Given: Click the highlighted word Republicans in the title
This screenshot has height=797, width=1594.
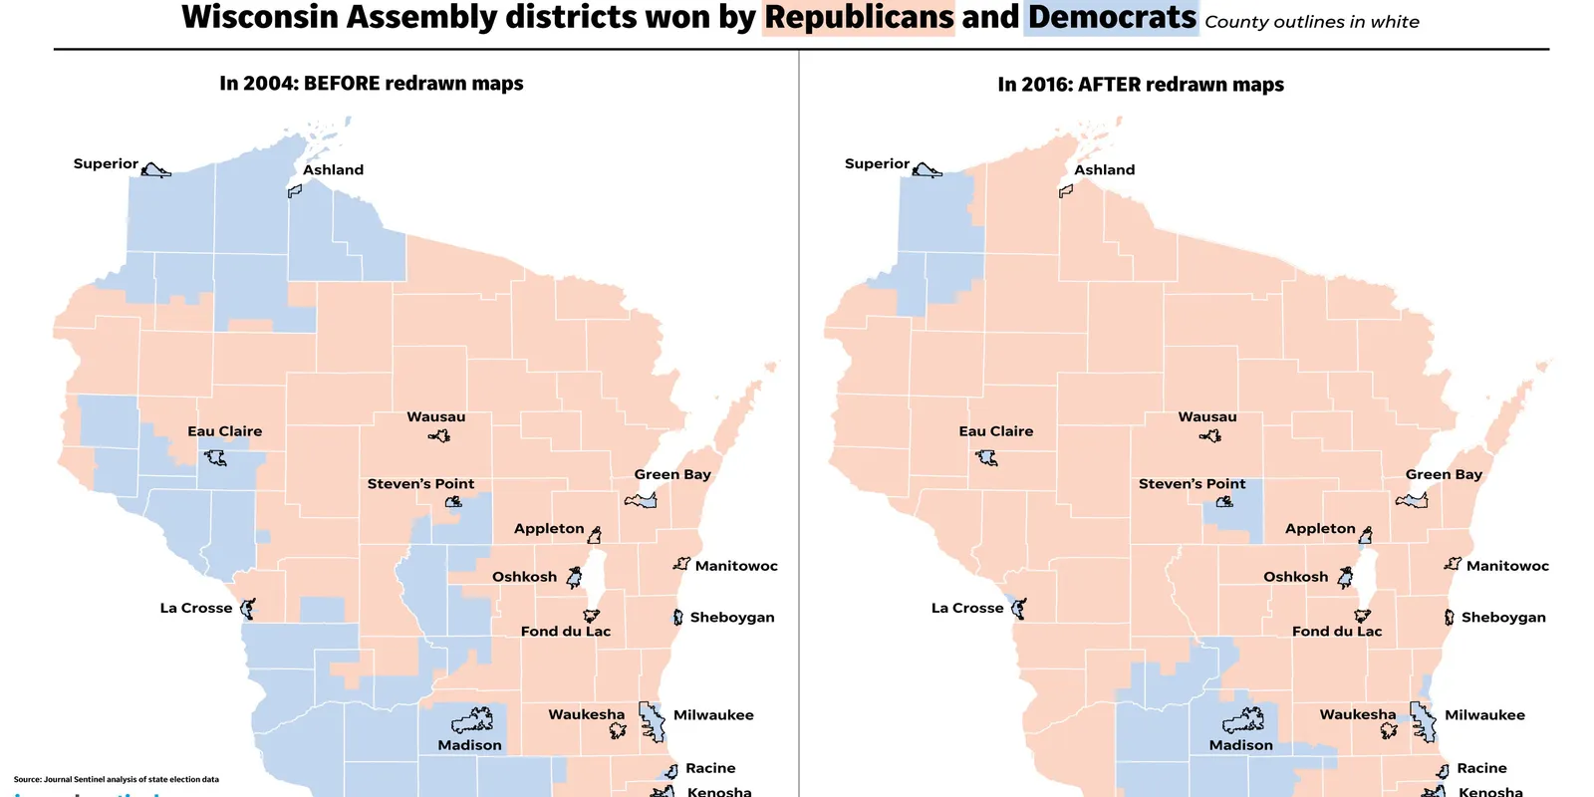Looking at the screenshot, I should [x=859, y=18].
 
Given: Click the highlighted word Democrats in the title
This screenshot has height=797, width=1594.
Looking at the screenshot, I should [x=1112, y=18].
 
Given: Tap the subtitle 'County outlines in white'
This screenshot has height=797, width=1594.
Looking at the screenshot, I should [x=1311, y=22].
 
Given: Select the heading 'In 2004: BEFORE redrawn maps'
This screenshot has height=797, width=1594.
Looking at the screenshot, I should [x=371, y=84].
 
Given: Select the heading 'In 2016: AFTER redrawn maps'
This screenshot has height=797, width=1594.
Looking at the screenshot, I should [x=1141, y=85].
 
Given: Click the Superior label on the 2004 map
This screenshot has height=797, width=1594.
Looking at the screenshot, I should [x=106, y=163].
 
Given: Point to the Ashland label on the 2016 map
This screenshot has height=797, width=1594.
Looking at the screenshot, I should [x=1104, y=170].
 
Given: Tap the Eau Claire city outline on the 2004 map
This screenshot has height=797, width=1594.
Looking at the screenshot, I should [x=215, y=458].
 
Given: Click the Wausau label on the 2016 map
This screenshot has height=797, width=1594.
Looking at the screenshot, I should [x=1206, y=417].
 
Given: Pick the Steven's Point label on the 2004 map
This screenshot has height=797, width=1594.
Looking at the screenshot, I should [x=420, y=484].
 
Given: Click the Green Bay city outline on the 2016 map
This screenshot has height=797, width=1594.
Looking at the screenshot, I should [x=1413, y=500].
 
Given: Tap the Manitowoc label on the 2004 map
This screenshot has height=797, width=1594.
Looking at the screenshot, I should [x=736, y=566].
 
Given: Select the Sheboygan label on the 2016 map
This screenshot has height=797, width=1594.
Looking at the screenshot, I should [x=1503, y=618].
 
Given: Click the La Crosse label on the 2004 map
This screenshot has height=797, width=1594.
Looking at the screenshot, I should [x=196, y=608].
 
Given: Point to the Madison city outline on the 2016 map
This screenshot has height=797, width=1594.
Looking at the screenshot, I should [x=1243, y=720].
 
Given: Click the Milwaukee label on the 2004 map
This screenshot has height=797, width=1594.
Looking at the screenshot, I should [x=713, y=715].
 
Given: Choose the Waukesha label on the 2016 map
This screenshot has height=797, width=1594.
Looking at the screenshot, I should [x=1358, y=714].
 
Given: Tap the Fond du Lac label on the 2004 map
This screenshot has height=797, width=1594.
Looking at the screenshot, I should [x=565, y=632].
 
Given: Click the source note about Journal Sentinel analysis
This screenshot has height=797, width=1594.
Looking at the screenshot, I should [x=117, y=779].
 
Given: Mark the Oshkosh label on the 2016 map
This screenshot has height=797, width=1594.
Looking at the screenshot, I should [x=1295, y=577].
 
